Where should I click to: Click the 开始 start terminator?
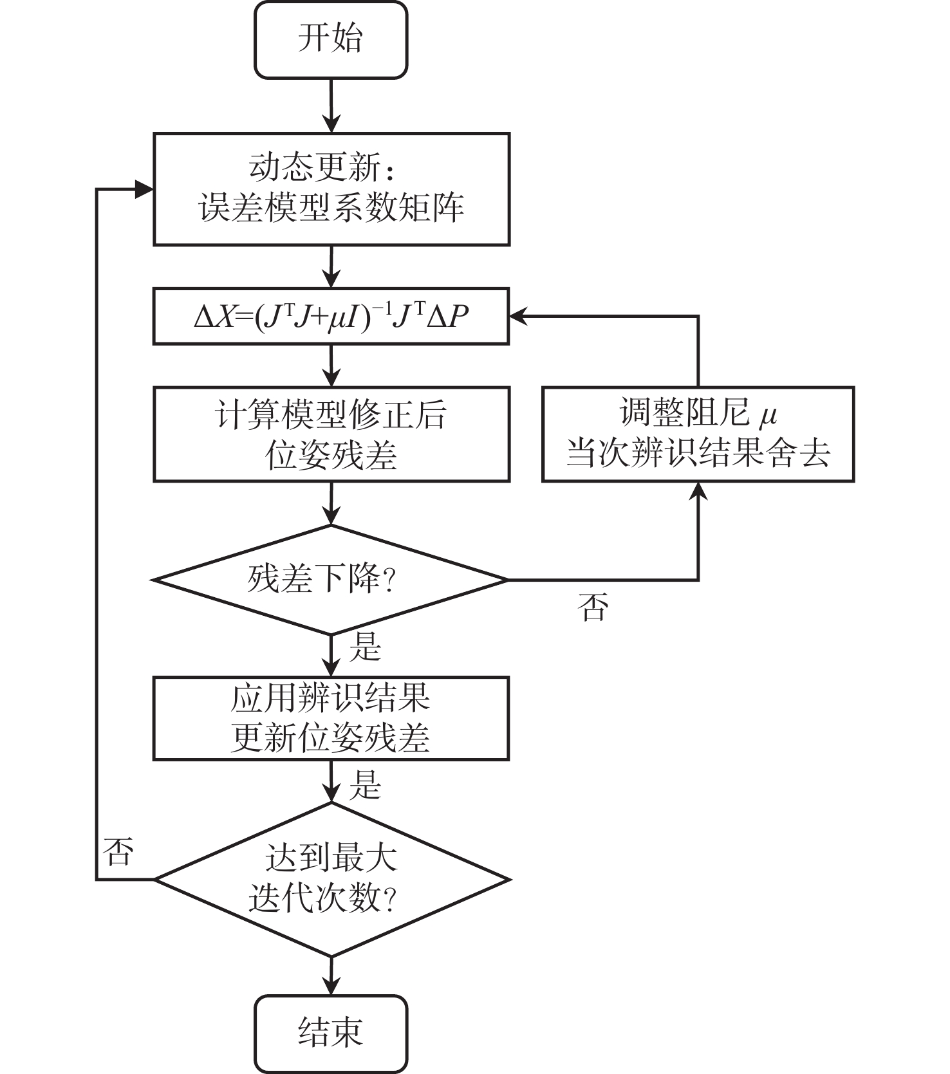pos(331,40)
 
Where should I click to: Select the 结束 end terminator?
pos(331,1033)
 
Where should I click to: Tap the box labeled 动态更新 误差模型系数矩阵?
pos(331,189)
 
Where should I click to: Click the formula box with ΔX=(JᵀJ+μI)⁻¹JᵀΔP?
pos(331,317)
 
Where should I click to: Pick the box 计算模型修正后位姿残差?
pos(331,434)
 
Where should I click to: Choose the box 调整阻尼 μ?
pos(698,434)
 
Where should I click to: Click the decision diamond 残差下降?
pos(331,580)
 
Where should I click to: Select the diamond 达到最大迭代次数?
pos(331,879)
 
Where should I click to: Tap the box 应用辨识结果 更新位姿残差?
pos(331,718)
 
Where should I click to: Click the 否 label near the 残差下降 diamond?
pos(593,607)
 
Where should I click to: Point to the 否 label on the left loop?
pos(118,851)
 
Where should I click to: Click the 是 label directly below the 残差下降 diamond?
pos(366,647)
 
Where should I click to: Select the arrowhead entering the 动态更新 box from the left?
pos(144,189)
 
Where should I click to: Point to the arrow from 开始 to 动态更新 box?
pos(331,106)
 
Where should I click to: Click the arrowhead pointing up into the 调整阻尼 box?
pos(698,492)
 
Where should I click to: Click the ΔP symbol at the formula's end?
pos(448,317)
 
